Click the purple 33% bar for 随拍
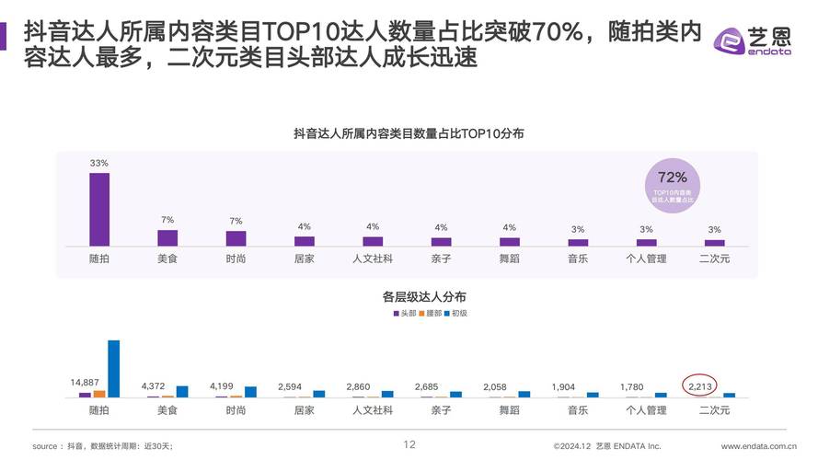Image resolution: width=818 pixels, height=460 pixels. [x=99, y=209]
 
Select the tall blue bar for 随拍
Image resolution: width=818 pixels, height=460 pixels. [x=114, y=368]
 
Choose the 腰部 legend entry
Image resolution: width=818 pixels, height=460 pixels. [x=430, y=314]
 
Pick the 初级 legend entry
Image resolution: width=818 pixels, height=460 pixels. [x=456, y=314]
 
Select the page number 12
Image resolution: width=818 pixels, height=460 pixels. [x=410, y=445]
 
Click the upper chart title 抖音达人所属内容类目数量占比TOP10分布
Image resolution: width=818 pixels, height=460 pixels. [x=409, y=133]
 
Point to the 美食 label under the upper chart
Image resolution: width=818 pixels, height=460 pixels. [x=167, y=259]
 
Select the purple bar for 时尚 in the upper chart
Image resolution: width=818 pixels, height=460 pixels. [x=236, y=238]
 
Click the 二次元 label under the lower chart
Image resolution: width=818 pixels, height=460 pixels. [x=714, y=410]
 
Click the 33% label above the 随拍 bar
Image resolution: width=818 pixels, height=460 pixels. [x=99, y=163]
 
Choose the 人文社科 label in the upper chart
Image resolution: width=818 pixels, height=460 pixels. [x=373, y=259]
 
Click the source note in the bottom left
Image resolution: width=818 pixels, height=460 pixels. [x=102, y=446]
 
